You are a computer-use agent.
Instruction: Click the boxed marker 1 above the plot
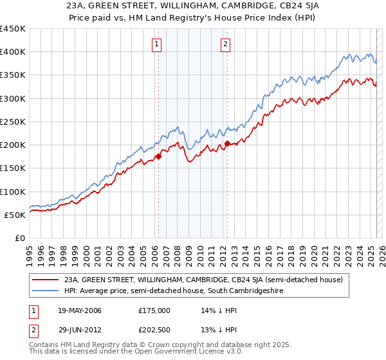[158, 44]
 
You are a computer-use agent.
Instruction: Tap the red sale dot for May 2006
[158, 156]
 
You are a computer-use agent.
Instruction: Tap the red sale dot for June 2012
[227, 143]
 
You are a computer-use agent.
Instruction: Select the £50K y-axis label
[15, 215]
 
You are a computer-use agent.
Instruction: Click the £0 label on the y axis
[21, 238]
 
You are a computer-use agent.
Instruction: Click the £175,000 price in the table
[154, 310]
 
